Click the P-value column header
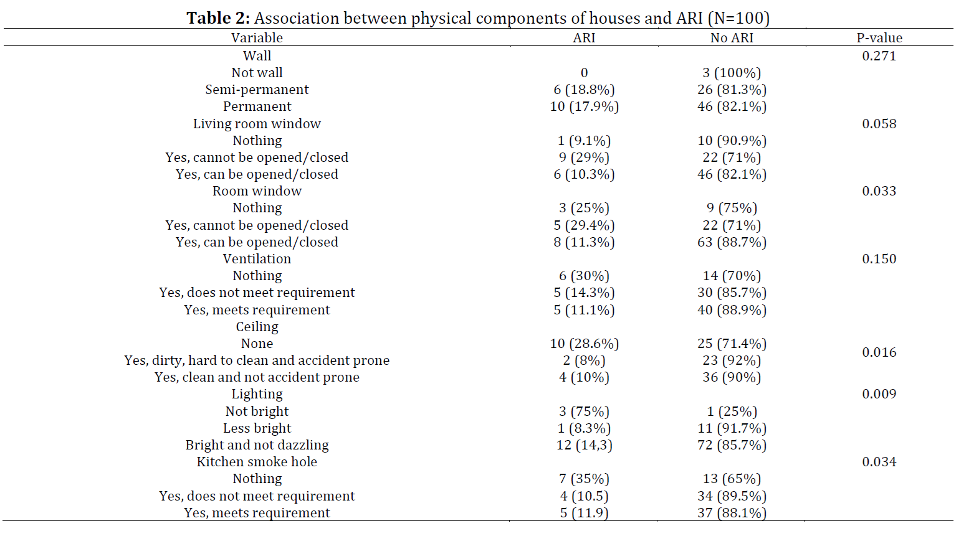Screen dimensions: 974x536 click(879, 38)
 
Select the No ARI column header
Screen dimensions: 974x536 click(732, 38)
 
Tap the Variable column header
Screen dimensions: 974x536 click(257, 38)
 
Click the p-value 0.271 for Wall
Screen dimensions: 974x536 click(879, 55)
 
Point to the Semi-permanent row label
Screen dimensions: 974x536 click(257, 90)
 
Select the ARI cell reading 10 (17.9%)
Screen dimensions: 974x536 click(584, 106)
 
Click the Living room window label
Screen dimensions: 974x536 click(257, 124)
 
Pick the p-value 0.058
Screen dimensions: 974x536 click(879, 124)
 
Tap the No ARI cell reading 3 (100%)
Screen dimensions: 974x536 click(732, 73)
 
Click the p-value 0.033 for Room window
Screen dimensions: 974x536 click(879, 191)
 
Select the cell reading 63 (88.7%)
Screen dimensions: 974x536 click(732, 242)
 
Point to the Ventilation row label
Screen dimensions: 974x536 click(257, 259)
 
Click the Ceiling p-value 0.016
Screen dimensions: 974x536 click(879, 352)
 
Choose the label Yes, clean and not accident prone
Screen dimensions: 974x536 click(257, 377)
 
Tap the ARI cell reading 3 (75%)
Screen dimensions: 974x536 click(584, 411)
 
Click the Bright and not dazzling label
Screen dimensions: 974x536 click(257, 445)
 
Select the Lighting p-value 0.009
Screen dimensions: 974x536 click(879, 394)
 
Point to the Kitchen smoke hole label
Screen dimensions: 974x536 click(257, 462)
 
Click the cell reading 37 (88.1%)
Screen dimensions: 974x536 click(732, 513)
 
